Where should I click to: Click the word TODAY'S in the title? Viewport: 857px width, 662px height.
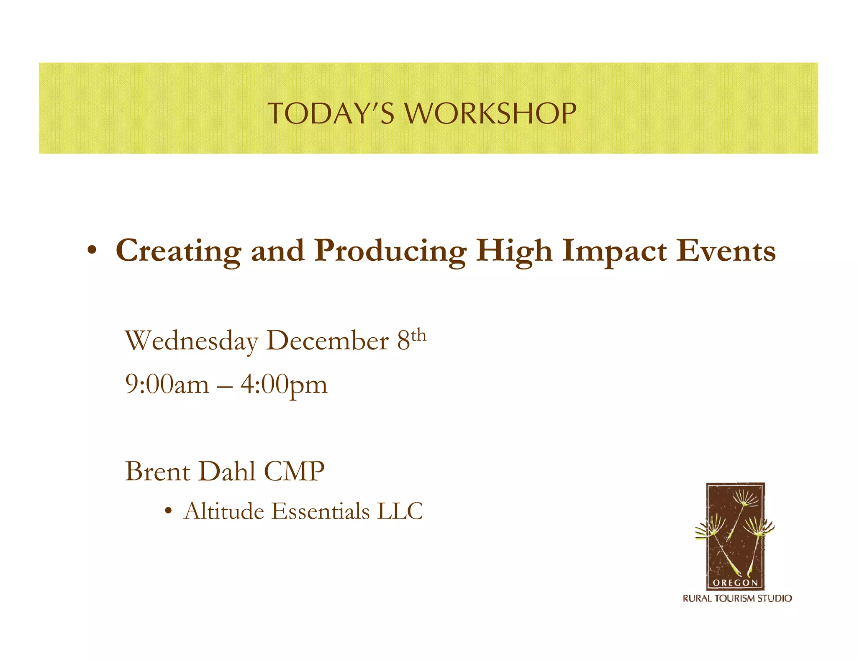click(x=331, y=113)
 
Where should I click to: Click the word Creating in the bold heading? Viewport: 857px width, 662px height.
click(x=178, y=251)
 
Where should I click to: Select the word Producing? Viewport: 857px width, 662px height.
click(x=390, y=251)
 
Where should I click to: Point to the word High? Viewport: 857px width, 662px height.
click(x=514, y=251)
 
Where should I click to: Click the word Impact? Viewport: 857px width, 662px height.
click(x=614, y=251)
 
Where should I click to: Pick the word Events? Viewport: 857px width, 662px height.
click(x=726, y=251)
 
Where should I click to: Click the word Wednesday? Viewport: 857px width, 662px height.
click(x=192, y=341)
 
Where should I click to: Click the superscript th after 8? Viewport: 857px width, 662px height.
click(x=418, y=336)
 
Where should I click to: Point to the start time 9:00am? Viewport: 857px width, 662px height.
click(x=167, y=385)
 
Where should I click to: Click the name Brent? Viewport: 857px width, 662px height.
click(x=158, y=472)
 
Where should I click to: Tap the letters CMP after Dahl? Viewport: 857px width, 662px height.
click(x=294, y=472)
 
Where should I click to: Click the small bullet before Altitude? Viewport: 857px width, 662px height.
click(x=168, y=511)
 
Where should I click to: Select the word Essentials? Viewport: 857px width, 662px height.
click(x=321, y=511)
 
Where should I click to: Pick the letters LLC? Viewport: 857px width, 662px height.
click(x=400, y=511)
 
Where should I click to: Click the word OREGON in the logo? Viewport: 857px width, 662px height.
click(x=735, y=583)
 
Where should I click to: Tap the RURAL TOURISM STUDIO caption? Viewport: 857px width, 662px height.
click(x=737, y=598)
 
